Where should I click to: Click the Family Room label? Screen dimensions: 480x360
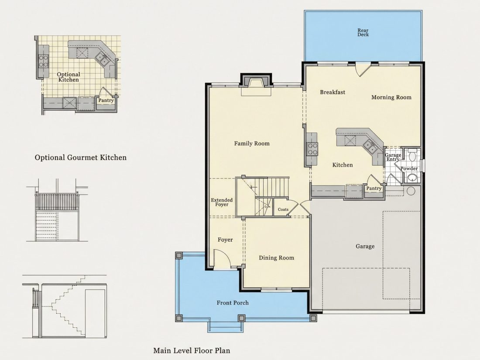[252, 143]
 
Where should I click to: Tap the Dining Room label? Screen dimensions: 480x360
[276, 258]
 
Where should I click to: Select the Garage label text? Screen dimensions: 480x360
[365, 246]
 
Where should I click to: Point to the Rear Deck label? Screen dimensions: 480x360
[363, 32]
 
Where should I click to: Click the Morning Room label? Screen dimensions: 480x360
[391, 97]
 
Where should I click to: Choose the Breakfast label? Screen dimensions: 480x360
[333, 92]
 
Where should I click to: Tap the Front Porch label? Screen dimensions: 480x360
[233, 303]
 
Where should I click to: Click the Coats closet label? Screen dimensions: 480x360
[283, 209]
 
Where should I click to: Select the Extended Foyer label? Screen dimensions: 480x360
[222, 202]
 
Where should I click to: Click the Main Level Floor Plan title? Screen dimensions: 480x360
[192, 350]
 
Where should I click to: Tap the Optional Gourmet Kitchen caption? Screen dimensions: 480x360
[81, 158]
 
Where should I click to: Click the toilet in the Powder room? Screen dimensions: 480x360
[412, 154]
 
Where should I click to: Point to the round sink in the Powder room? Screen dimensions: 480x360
[412, 178]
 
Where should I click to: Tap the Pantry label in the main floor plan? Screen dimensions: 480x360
[374, 188]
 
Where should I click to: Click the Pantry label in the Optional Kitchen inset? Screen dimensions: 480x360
[106, 100]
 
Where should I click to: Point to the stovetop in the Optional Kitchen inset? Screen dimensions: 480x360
[44, 60]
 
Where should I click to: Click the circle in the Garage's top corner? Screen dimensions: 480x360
[411, 191]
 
